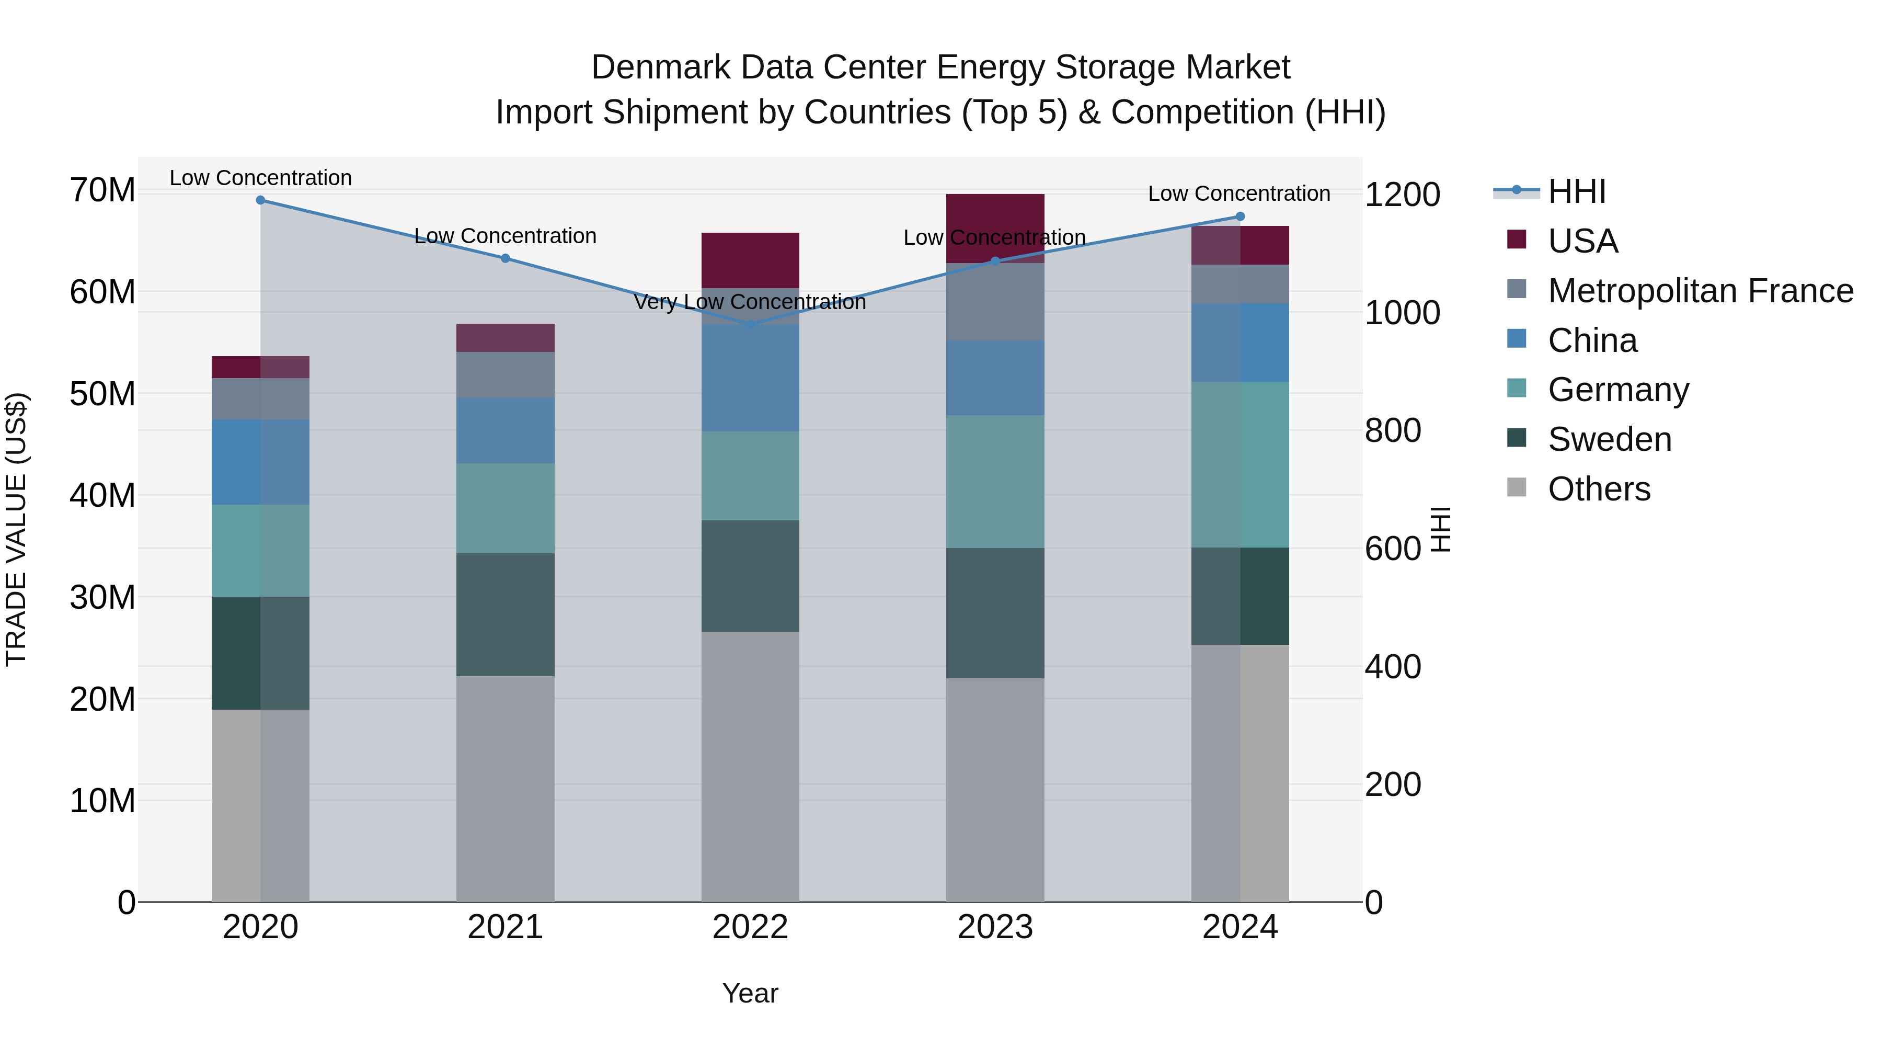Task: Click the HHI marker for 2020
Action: point(260,200)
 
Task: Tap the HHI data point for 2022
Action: point(750,324)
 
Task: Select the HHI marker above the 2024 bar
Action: point(1240,217)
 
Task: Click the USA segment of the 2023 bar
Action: point(995,227)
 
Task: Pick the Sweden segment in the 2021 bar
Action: point(505,614)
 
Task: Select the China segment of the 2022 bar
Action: point(750,378)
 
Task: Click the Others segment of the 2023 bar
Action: point(995,789)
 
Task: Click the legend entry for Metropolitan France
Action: point(1700,291)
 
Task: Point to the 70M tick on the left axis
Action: point(102,191)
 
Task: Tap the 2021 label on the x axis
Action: point(505,927)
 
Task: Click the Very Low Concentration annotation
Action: point(750,302)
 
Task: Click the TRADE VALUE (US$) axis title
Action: point(16,529)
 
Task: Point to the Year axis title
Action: point(750,993)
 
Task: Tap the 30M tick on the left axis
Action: point(102,598)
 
